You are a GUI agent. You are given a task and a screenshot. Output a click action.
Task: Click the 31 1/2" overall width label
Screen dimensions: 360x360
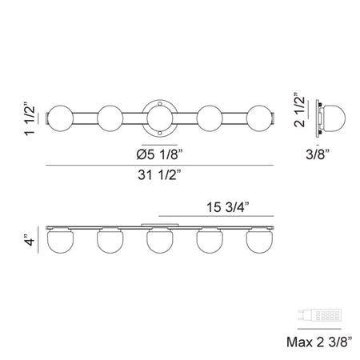pyautogui.click(x=159, y=175)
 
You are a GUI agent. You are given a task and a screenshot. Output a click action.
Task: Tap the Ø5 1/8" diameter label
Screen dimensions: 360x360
pyautogui.click(x=159, y=154)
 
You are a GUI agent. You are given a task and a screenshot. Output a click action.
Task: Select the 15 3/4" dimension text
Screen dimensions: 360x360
pyautogui.click(x=228, y=207)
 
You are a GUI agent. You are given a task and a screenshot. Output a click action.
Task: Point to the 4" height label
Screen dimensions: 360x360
pyautogui.click(x=30, y=240)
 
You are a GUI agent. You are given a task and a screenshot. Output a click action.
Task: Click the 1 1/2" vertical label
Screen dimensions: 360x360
pyautogui.click(x=30, y=118)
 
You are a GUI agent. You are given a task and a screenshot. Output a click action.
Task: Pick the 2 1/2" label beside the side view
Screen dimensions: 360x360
pyautogui.click(x=299, y=110)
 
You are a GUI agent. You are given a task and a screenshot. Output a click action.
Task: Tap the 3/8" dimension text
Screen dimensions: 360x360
pyautogui.click(x=318, y=154)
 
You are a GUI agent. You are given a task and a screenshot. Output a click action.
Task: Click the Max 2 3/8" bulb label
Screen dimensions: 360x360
pyautogui.click(x=319, y=342)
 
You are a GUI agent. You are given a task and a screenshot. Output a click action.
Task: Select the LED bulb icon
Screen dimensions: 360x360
pyautogui.click(x=319, y=315)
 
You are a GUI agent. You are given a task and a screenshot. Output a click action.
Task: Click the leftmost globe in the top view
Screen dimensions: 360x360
pyautogui.click(x=60, y=118)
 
